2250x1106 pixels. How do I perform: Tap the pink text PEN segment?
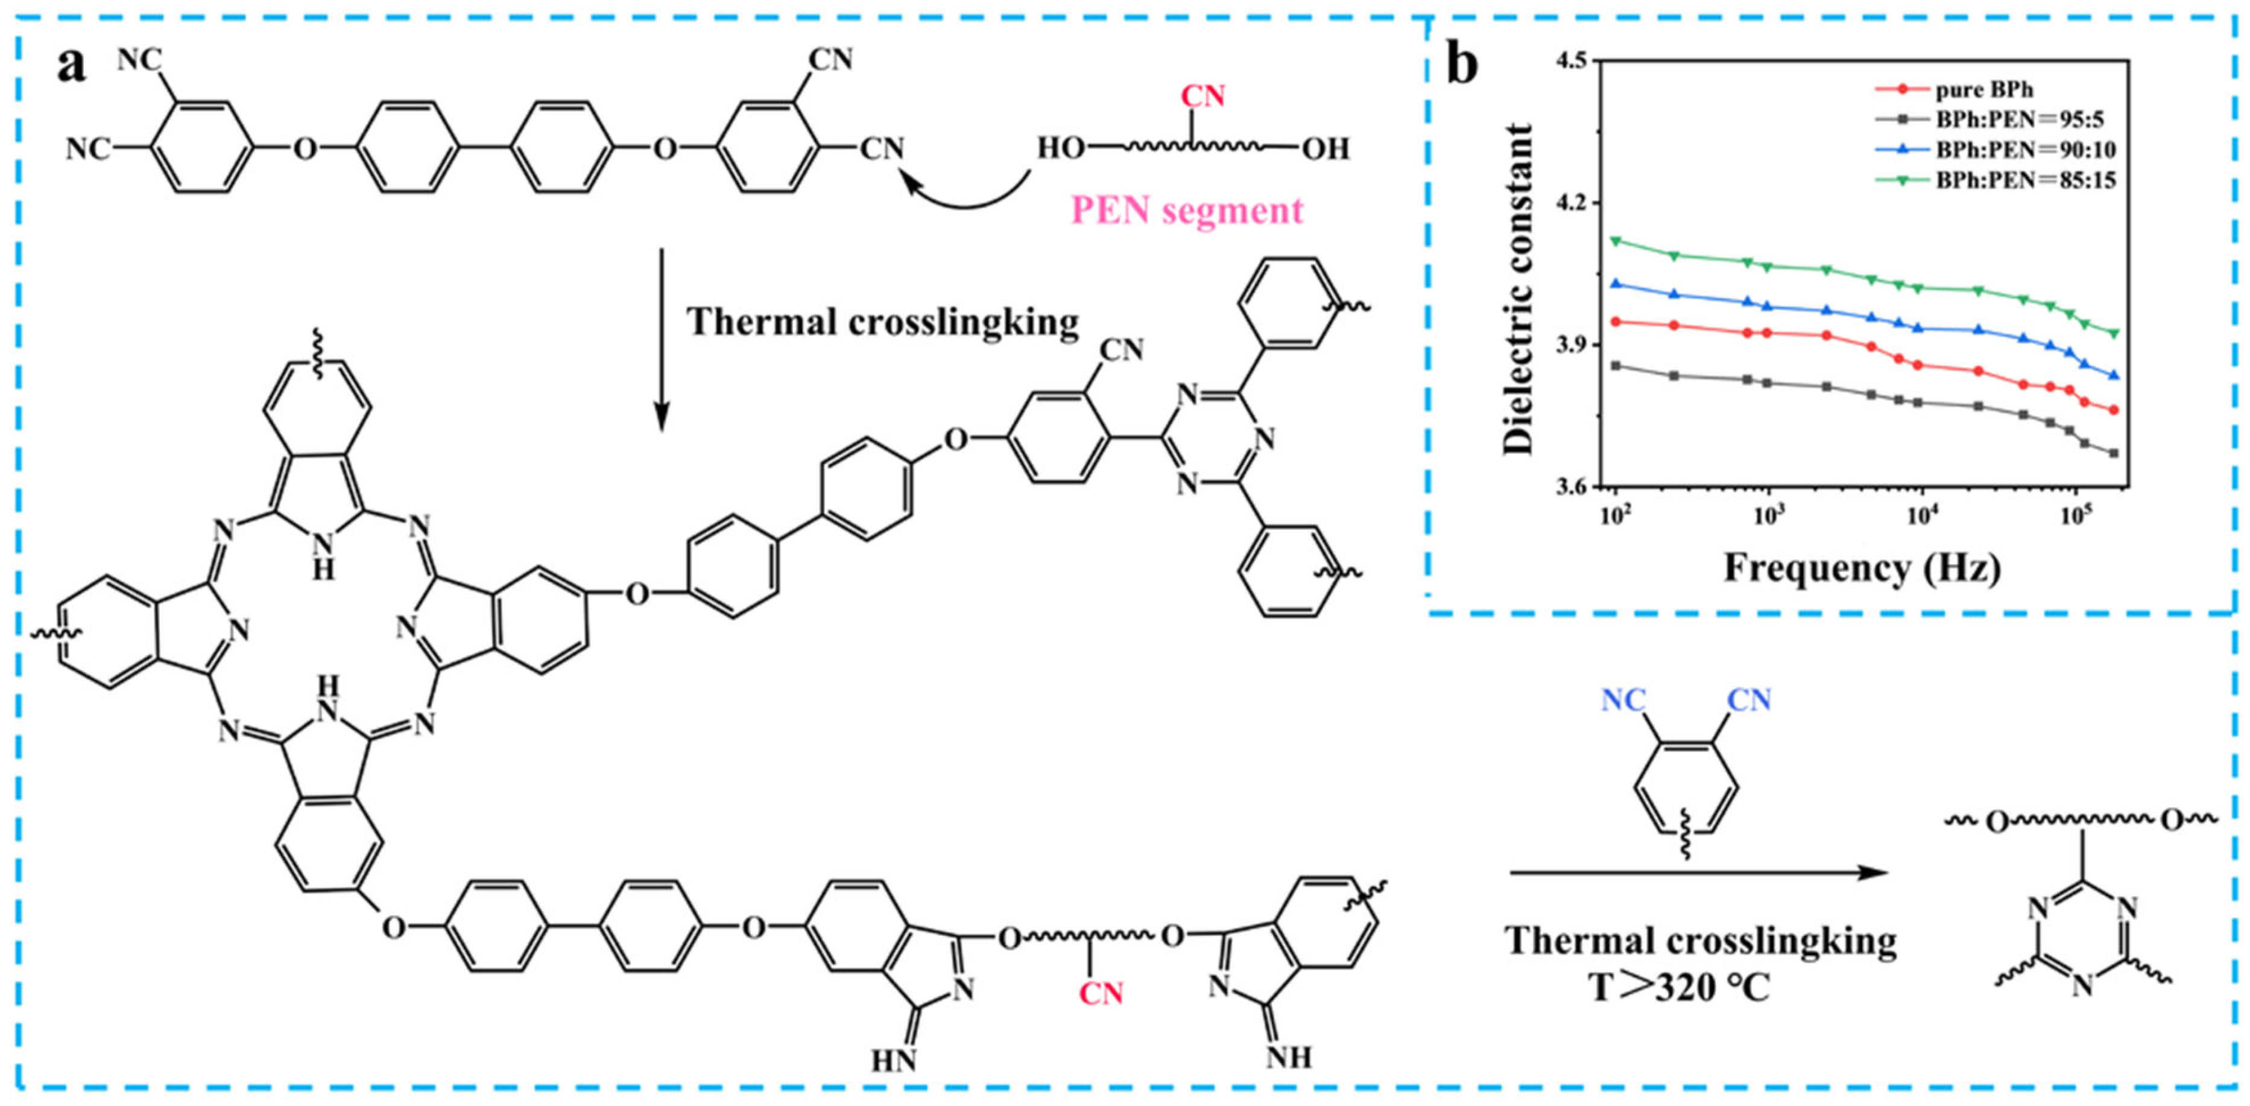[x=1187, y=211]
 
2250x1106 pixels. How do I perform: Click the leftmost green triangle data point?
[x=1616, y=240]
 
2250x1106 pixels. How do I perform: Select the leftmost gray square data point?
[x=1616, y=365]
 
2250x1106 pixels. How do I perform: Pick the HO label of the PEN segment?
[x=1060, y=148]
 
